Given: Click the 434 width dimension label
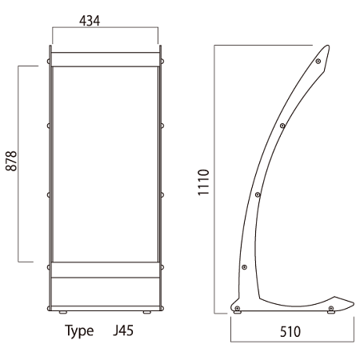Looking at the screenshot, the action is point(90,21).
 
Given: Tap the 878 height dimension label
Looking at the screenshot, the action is point(11,161).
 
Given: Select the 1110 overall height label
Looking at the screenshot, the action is point(203,182).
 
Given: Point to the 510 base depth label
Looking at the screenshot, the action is point(290,332).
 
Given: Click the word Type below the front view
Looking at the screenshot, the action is point(79,331).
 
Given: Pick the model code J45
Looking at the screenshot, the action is point(123,330).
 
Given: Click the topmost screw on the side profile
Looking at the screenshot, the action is point(318,62).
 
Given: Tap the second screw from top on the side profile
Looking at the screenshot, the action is point(282,126).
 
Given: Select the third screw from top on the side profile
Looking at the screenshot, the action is point(258,194).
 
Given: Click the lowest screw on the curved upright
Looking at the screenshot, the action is point(244,267).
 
